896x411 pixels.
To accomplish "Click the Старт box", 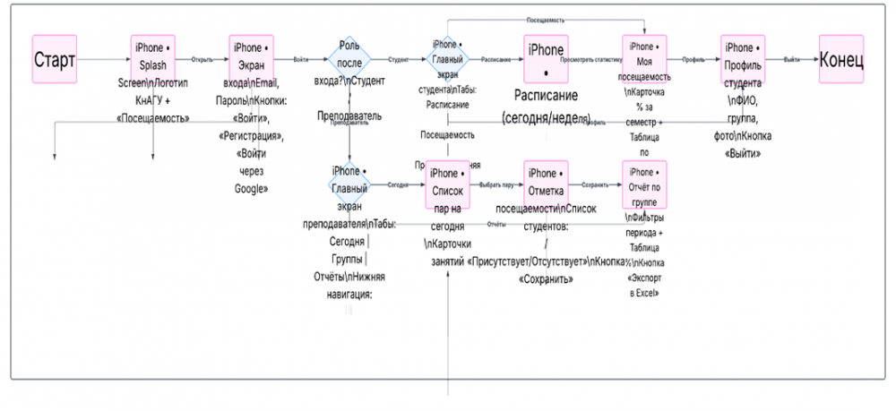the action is pyautogui.click(x=55, y=60).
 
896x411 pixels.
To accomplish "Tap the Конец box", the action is pyautogui.click(x=841, y=60).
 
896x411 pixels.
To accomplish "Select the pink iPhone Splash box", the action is pyautogui.click(x=152, y=58).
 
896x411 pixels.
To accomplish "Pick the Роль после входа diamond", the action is pyautogui.click(x=349, y=60).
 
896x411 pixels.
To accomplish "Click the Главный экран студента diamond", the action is pyautogui.click(x=445, y=60).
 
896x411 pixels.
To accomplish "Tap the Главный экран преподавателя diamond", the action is pyautogui.click(x=348, y=183).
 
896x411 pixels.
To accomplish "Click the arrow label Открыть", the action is pyautogui.click(x=202, y=59).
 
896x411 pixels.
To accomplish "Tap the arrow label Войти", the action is pyautogui.click(x=300, y=59).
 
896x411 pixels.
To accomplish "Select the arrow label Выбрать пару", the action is pyautogui.click(x=495, y=184).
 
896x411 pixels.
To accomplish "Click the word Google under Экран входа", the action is pyautogui.click(x=250, y=188).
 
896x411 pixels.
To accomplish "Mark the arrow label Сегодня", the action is pyautogui.click(x=398, y=184).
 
